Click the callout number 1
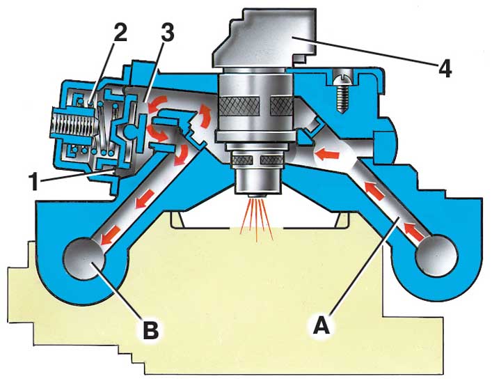(33, 182)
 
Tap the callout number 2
(120, 33)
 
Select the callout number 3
(167, 33)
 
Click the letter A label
(322, 325)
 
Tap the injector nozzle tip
(257, 195)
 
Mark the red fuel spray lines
(256, 219)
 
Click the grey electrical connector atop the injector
(264, 39)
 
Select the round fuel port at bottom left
(84, 258)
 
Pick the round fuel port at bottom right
(436, 256)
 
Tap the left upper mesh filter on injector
(239, 106)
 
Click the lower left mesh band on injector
(243, 160)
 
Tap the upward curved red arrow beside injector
(205, 116)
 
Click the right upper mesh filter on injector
(281, 106)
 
